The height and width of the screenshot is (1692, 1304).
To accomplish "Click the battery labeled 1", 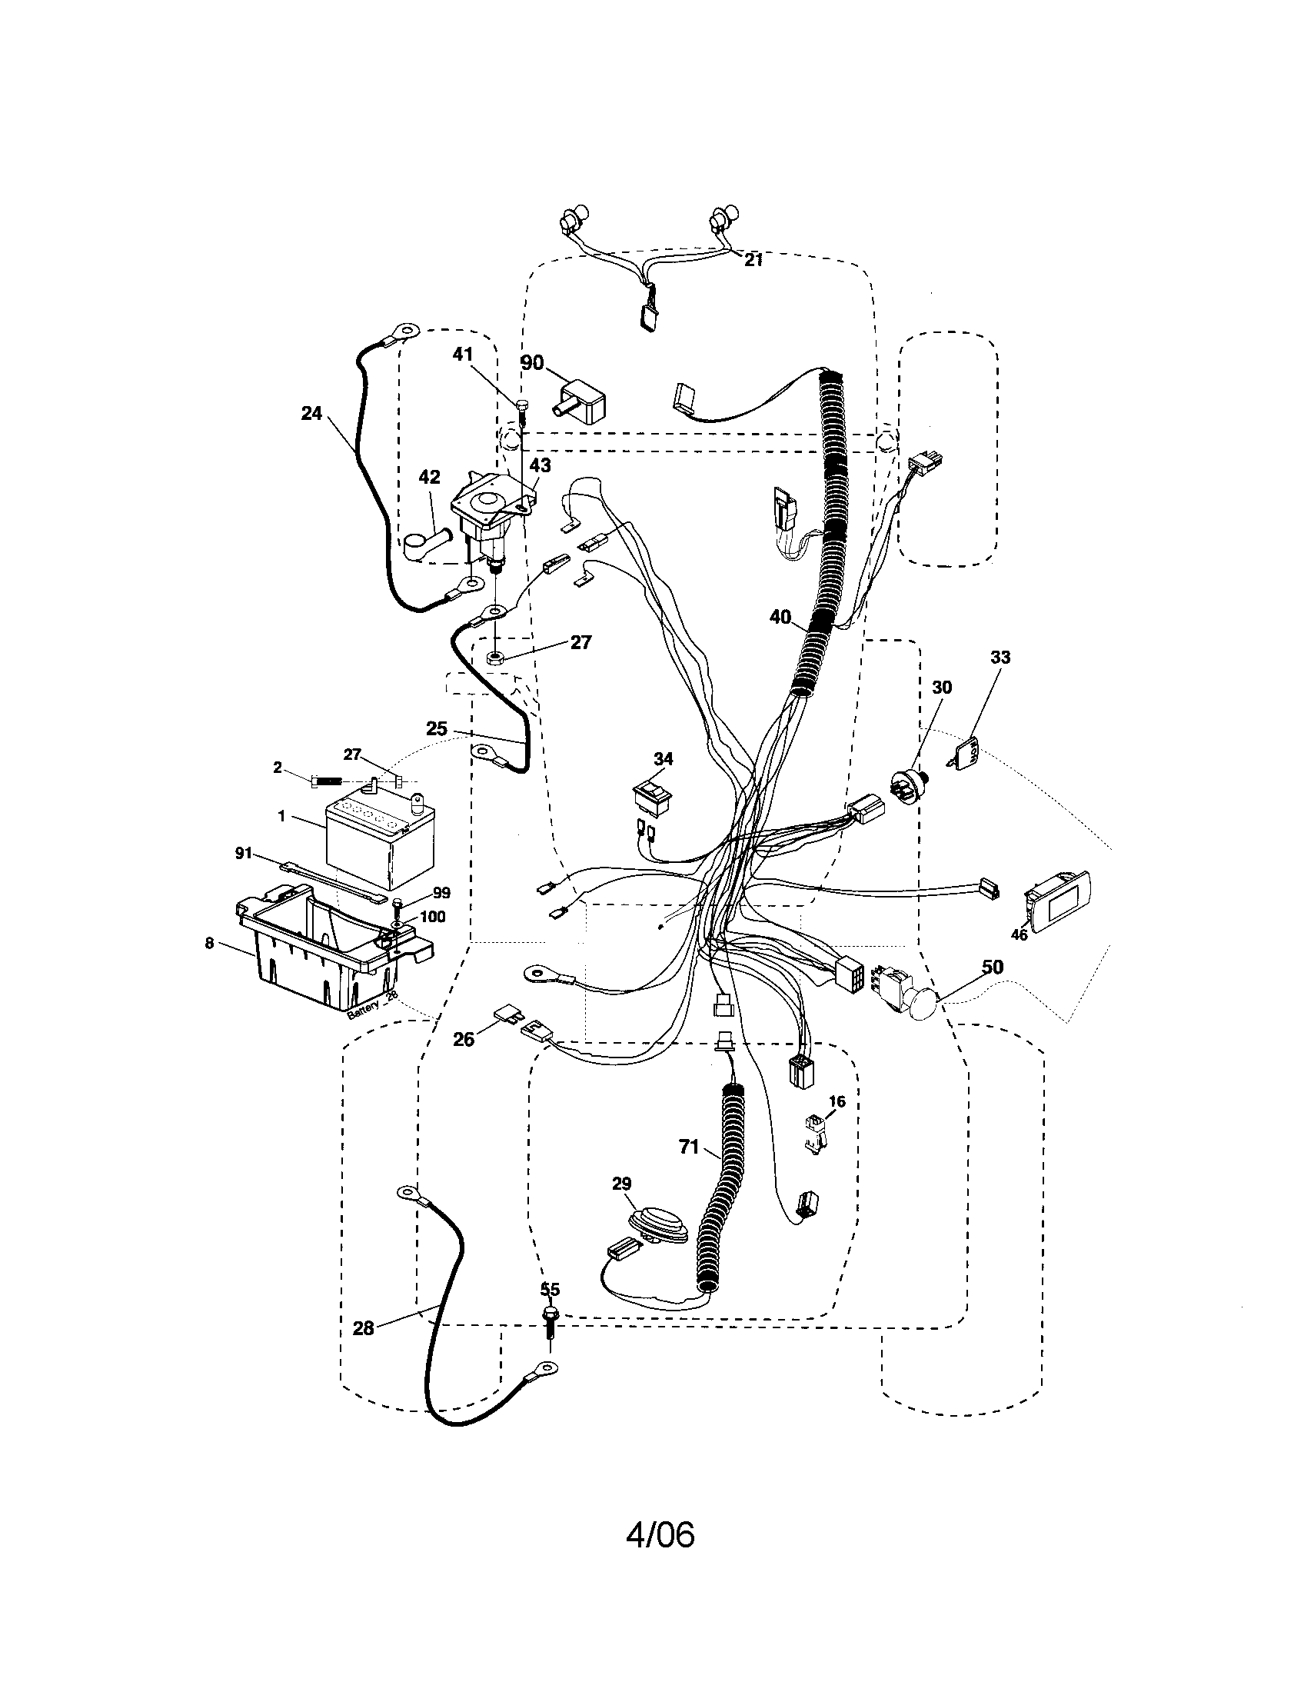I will [x=379, y=844].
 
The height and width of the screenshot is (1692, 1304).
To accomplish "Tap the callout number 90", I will [x=532, y=362].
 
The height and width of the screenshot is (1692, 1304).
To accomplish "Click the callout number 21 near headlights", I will [x=753, y=260].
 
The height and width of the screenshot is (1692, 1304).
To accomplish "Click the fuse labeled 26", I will [x=505, y=1014].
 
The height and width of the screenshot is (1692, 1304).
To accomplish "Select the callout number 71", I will [x=689, y=1147].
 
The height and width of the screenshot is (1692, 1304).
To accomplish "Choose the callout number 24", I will [x=311, y=413].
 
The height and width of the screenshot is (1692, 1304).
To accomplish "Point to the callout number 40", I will [x=780, y=617].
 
